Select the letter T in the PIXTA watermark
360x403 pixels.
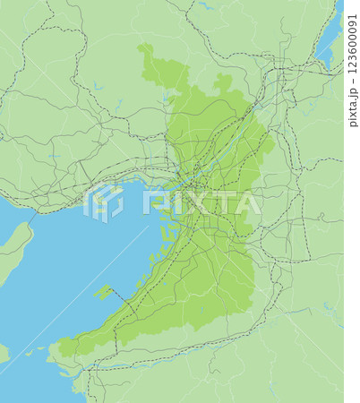click(x=219, y=201)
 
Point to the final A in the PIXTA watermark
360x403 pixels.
click(x=247, y=201)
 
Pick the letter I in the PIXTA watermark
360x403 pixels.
click(x=170, y=201)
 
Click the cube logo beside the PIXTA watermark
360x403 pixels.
click(x=104, y=202)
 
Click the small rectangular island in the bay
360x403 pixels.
click(x=106, y=292)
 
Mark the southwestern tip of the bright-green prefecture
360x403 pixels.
click(x=64, y=347)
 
